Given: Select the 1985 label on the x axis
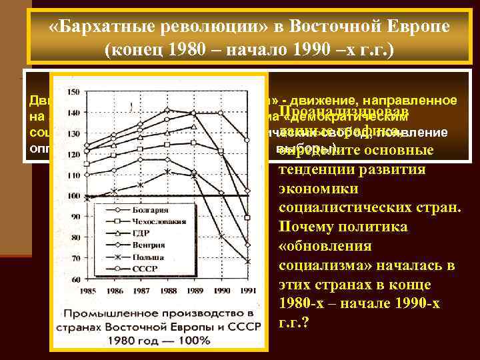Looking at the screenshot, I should point(87,291).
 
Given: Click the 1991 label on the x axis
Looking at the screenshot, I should point(247,291).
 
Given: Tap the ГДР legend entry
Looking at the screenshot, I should point(148,233).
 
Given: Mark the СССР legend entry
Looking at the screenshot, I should point(149,266).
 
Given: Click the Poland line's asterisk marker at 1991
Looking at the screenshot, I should point(248,261).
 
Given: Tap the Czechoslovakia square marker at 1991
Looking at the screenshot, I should point(248,218).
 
